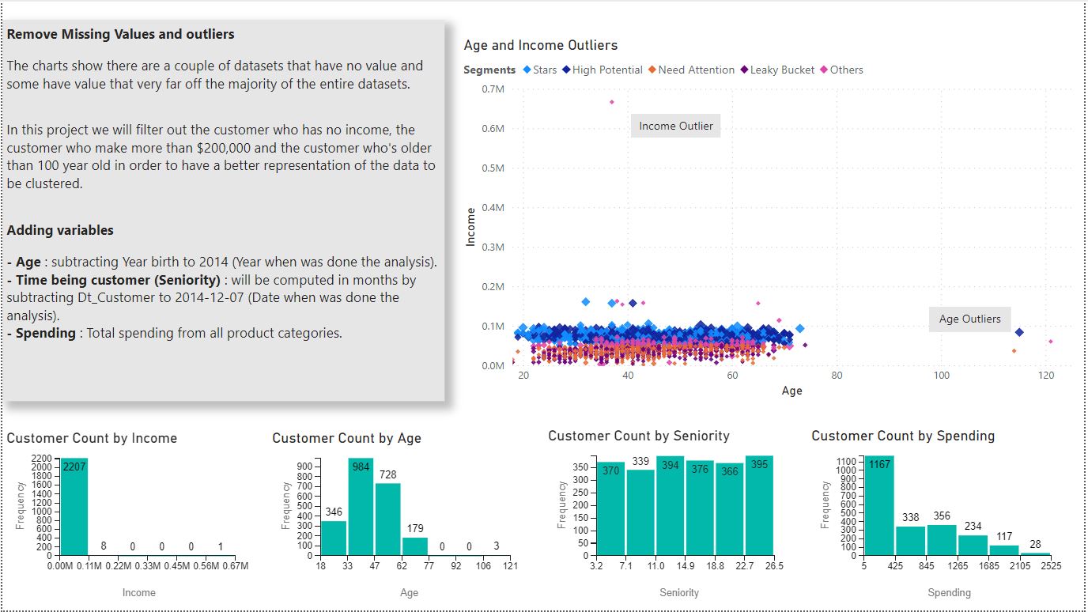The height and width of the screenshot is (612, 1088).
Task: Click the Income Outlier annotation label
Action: (x=675, y=126)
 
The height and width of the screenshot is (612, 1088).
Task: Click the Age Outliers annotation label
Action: (x=969, y=319)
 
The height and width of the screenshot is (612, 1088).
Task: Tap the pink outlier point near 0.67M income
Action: (x=611, y=102)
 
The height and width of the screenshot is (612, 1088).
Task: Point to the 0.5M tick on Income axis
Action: (x=493, y=168)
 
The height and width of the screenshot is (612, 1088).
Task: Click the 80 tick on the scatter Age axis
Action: (x=837, y=375)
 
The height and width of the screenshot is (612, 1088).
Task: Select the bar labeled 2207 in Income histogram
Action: (x=74, y=506)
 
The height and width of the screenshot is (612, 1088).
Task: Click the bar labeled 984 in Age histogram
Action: (x=361, y=507)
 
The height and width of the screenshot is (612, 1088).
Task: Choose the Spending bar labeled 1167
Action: (x=879, y=505)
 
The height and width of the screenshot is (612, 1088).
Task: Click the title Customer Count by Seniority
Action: (x=638, y=436)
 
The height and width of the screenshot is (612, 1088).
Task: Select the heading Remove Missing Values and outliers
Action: (x=120, y=35)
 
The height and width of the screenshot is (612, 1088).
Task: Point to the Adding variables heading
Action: (x=60, y=231)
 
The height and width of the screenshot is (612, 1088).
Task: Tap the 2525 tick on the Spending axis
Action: (x=1051, y=566)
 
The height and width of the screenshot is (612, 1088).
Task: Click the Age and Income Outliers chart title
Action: (x=540, y=46)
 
